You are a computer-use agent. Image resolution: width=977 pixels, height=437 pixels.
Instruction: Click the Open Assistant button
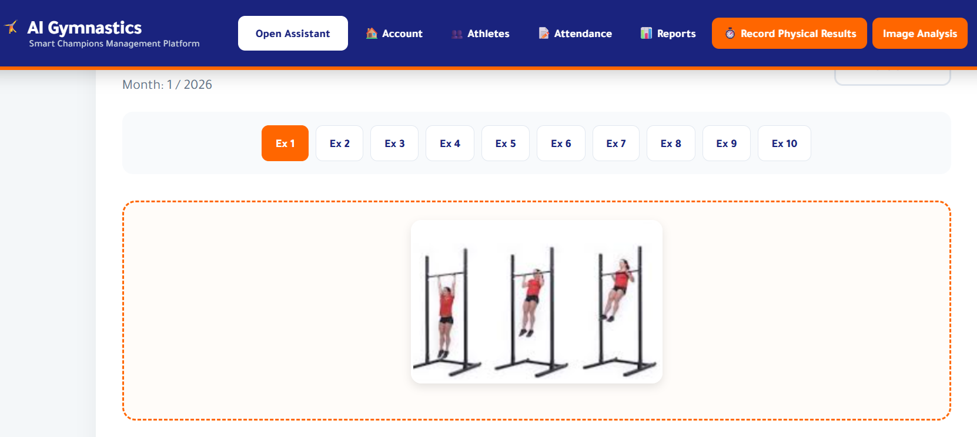click(x=293, y=34)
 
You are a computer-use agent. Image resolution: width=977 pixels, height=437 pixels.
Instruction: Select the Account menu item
click(x=394, y=34)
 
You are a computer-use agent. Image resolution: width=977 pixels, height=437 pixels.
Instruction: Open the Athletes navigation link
click(x=481, y=34)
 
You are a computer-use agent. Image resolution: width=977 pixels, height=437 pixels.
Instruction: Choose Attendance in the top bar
click(x=576, y=34)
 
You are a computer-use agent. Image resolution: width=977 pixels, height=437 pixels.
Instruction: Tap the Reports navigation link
click(x=668, y=34)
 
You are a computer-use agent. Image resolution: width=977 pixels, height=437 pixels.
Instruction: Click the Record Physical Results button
click(x=789, y=34)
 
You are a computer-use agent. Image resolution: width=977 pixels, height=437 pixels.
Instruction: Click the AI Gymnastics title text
click(x=85, y=28)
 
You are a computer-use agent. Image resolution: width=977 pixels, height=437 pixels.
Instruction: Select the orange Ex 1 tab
click(x=285, y=144)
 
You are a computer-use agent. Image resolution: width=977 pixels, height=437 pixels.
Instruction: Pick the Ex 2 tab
click(x=340, y=144)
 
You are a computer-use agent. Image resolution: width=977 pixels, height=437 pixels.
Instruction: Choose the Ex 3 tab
click(x=394, y=144)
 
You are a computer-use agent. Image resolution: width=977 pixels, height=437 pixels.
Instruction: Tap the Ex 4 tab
click(x=450, y=144)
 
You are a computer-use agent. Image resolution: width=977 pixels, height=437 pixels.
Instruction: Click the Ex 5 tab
click(x=506, y=144)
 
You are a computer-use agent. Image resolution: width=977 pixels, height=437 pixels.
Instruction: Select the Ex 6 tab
click(x=561, y=144)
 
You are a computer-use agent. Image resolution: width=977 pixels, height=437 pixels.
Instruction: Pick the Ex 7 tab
click(x=616, y=144)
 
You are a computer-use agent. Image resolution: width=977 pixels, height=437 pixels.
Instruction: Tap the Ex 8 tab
click(x=671, y=144)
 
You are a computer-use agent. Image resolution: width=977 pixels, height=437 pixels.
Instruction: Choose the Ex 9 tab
click(x=727, y=144)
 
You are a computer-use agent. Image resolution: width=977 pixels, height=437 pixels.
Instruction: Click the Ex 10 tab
click(x=784, y=144)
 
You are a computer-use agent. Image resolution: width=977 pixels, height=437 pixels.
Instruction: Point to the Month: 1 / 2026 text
click(x=167, y=85)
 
